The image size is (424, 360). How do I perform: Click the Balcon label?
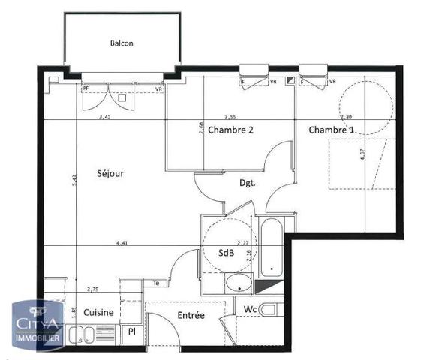point(121,43)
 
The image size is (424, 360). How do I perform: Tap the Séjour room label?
point(110,173)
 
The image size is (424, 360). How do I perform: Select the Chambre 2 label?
point(230,130)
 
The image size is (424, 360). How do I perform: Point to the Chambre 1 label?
point(331,130)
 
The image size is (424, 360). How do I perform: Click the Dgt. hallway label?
point(248,182)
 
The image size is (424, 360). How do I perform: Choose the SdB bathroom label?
point(227,253)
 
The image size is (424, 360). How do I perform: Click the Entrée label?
point(191,316)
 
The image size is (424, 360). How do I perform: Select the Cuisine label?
point(98,312)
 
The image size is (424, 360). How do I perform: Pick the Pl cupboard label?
point(131,331)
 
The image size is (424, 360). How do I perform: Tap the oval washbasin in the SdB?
point(241,283)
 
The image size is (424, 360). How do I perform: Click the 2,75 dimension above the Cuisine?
point(93,289)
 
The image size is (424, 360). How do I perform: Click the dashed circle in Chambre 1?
point(365,105)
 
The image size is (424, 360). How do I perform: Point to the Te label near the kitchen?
point(156,283)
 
